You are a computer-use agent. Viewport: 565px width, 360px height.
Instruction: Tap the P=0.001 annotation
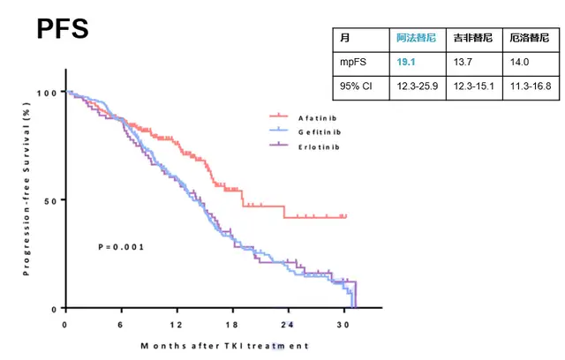click(x=120, y=246)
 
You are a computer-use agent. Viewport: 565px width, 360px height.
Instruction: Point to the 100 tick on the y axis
click(x=47, y=93)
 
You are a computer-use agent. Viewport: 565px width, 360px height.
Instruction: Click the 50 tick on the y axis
click(x=50, y=200)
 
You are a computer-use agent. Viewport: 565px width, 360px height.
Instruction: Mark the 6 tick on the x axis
click(x=121, y=324)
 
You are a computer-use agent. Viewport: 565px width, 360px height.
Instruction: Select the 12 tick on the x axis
click(x=177, y=324)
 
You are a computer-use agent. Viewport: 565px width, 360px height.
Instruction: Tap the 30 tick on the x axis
click(x=343, y=324)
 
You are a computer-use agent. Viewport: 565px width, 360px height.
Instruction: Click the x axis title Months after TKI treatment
click(x=225, y=345)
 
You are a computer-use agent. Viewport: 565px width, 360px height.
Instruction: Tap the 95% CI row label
click(x=357, y=86)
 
